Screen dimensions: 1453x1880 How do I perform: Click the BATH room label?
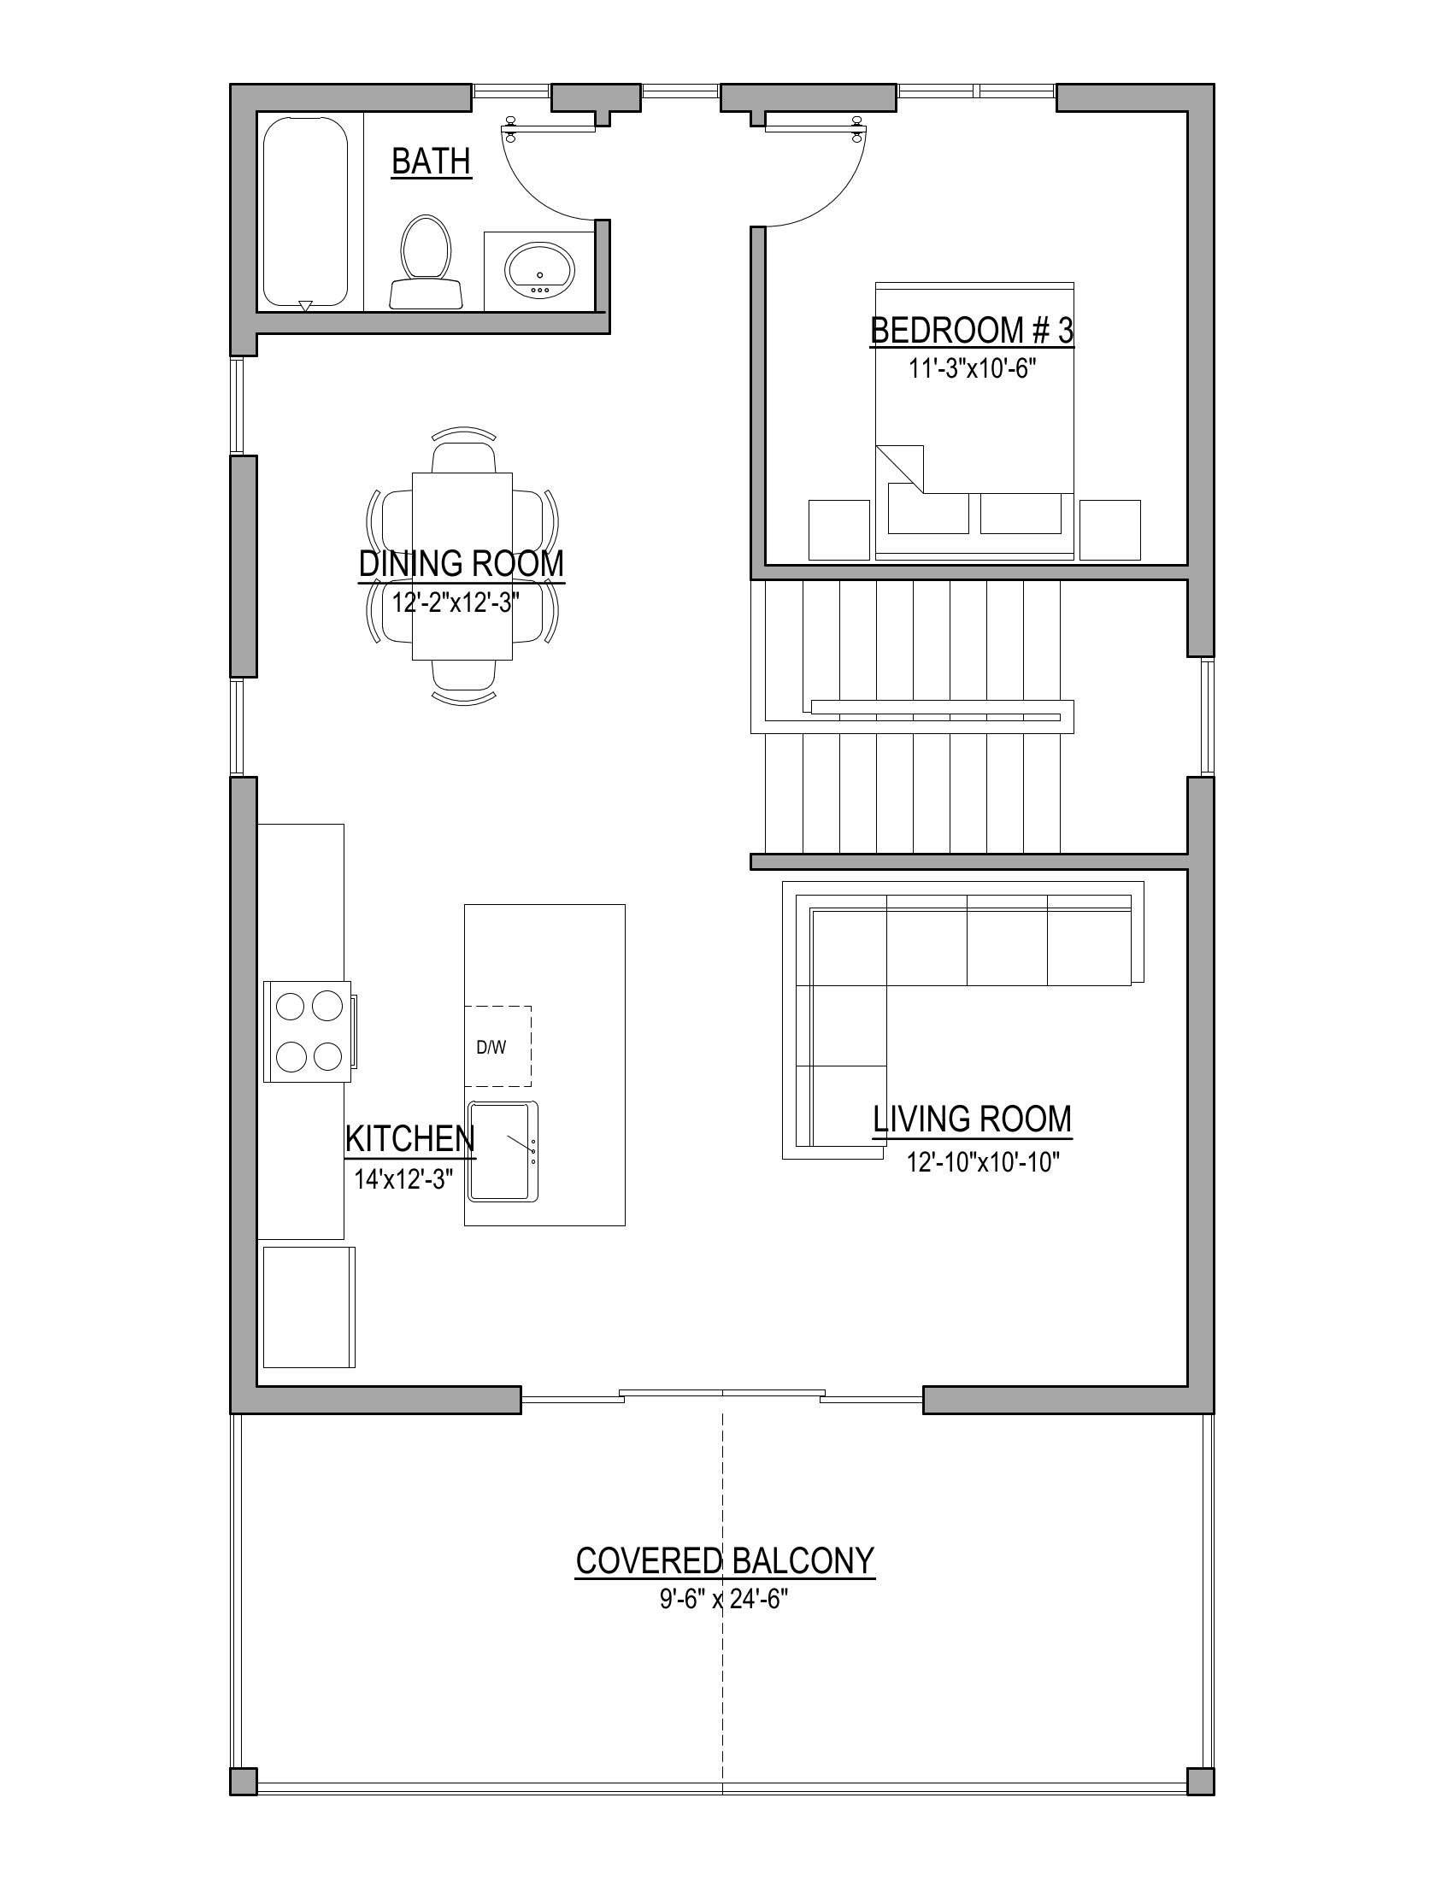[432, 161]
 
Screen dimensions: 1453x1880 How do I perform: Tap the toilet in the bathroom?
[426, 261]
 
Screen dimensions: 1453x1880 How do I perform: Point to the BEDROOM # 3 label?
[973, 331]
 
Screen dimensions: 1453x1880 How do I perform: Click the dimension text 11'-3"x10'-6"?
[972, 368]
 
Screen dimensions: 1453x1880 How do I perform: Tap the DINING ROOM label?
[462, 564]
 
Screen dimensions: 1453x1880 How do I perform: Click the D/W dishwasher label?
[491, 1048]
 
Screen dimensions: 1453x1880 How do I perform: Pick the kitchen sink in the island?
[503, 1151]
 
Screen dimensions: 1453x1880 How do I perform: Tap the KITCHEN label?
[409, 1139]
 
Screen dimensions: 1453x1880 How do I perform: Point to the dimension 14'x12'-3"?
[403, 1178]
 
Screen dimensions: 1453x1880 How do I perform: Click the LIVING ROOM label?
[973, 1119]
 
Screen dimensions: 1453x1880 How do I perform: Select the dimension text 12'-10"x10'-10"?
[983, 1162]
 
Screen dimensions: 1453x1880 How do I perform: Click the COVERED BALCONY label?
[725, 1560]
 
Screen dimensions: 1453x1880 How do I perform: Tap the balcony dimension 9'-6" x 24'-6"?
[725, 1600]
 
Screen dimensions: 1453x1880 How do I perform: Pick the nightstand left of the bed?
[839, 531]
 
